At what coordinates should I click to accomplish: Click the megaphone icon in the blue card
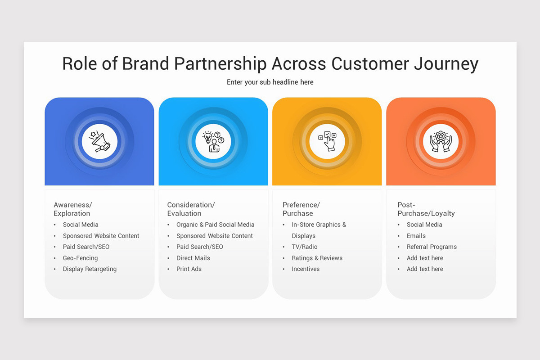[99, 141]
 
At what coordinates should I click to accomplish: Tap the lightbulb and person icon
[213, 142]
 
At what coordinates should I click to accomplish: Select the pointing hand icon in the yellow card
[327, 141]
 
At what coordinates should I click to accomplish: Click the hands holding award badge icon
[441, 141]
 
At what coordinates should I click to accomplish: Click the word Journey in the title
[446, 64]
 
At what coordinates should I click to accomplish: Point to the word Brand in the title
[146, 63]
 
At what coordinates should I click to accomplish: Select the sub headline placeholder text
[270, 82]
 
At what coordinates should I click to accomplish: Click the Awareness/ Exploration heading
[73, 209]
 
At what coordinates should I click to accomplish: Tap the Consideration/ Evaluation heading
[191, 209]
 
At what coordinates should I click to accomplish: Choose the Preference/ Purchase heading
[301, 209]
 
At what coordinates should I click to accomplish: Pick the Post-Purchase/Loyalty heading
[426, 209]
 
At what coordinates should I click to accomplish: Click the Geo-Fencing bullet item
[80, 258]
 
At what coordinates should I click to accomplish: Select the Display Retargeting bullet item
[90, 269]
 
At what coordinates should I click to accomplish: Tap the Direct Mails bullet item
[193, 258]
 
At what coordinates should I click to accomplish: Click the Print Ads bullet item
[189, 269]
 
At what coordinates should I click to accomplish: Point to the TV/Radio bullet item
[305, 247]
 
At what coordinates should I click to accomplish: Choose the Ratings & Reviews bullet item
[317, 258]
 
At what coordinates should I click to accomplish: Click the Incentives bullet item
[306, 269]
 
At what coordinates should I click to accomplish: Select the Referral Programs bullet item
[432, 247]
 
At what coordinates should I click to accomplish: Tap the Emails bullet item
[416, 236]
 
